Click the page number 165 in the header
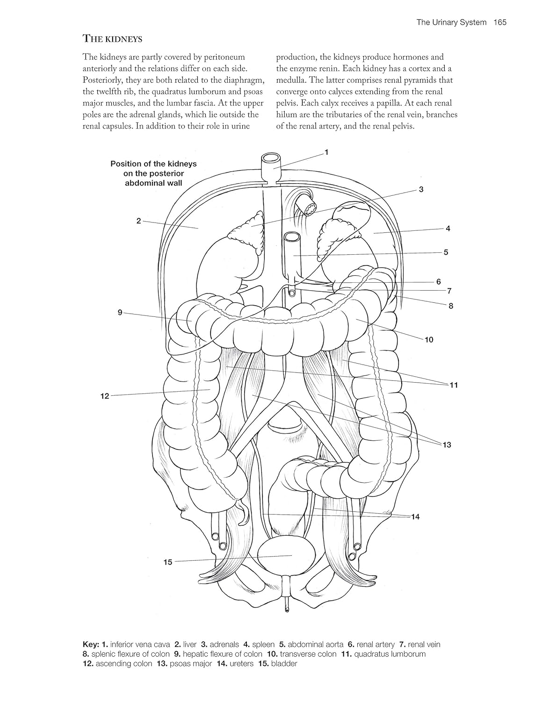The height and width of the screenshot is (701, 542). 499,22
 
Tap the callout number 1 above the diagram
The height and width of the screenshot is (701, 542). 326,152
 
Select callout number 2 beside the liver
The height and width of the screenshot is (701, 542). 138,221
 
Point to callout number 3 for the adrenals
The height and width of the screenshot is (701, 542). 421,189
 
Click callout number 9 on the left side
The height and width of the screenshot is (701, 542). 120,312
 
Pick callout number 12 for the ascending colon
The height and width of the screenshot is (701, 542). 104,396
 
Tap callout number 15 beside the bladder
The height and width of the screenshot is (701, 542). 168,562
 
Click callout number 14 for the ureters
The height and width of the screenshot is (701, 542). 415,516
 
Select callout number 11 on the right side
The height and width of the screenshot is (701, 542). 453,385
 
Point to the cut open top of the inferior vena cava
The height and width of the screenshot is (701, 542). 270,160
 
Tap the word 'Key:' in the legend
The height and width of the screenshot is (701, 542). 91,644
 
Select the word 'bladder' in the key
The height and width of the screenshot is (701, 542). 284,663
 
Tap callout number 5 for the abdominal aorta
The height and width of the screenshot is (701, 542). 446,252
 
